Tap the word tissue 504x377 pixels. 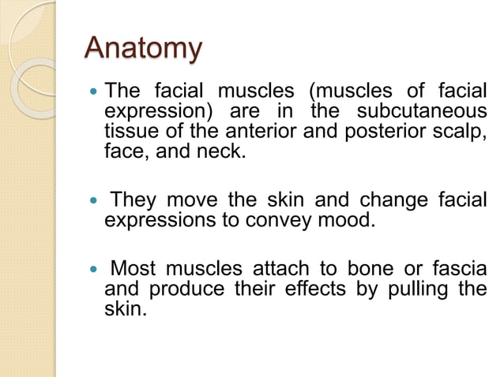pyautogui.click(x=124, y=130)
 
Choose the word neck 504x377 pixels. pyautogui.click(x=221, y=149)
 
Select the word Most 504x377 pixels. pyautogui.click(x=133, y=270)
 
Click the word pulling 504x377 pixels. pyautogui.click(x=416, y=289)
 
